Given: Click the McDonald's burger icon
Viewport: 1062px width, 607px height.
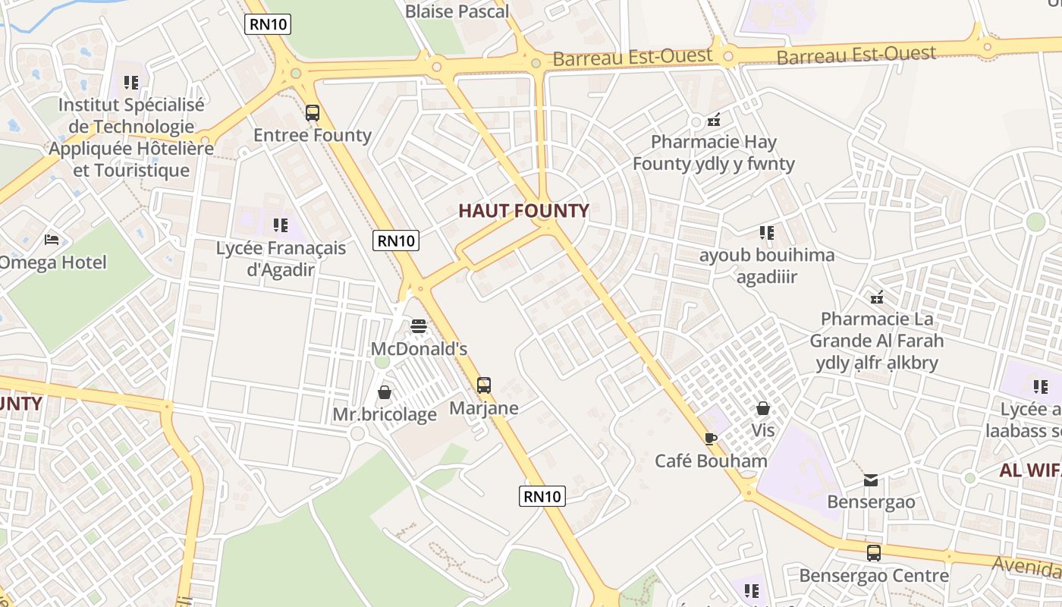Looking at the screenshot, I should click(419, 326).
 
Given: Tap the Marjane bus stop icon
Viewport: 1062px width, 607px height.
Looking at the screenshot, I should click(484, 385).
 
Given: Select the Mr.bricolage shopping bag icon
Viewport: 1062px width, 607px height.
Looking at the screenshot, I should click(385, 392).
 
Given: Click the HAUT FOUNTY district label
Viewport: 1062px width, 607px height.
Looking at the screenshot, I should click(523, 211).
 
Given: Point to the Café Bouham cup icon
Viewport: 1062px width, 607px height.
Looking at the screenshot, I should click(711, 439).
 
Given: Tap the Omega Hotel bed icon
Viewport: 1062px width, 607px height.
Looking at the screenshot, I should click(52, 240).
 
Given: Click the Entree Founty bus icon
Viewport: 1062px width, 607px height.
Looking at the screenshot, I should click(312, 113).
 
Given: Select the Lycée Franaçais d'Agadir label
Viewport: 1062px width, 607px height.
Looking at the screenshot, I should click(281, 259).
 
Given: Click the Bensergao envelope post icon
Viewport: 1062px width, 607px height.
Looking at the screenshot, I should click(870, 480).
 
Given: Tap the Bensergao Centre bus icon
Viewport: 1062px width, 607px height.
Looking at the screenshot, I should click(874, 553).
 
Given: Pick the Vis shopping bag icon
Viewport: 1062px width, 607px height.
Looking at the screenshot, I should click(763, 408).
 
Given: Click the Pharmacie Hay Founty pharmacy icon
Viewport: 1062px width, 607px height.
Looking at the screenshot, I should click(713, 119).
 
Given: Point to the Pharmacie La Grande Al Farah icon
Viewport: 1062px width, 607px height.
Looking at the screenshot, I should click(877, 297).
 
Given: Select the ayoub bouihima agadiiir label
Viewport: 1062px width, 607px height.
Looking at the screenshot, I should click(767, 266).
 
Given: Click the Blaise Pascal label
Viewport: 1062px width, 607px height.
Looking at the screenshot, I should click(457, 11).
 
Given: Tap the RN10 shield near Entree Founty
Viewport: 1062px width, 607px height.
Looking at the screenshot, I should click(269, 24).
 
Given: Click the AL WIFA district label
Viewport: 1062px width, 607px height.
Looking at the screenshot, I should click(1030, 470).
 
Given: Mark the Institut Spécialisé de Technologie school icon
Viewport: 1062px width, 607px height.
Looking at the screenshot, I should click(131, 82).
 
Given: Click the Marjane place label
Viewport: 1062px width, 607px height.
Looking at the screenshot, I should click(484, 408).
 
